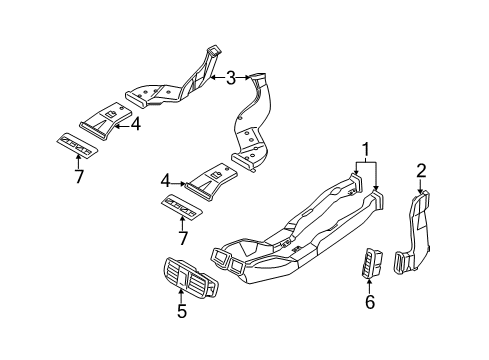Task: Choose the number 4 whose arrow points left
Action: tap(136, 125)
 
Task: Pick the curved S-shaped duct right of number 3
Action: tap(258, 120)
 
